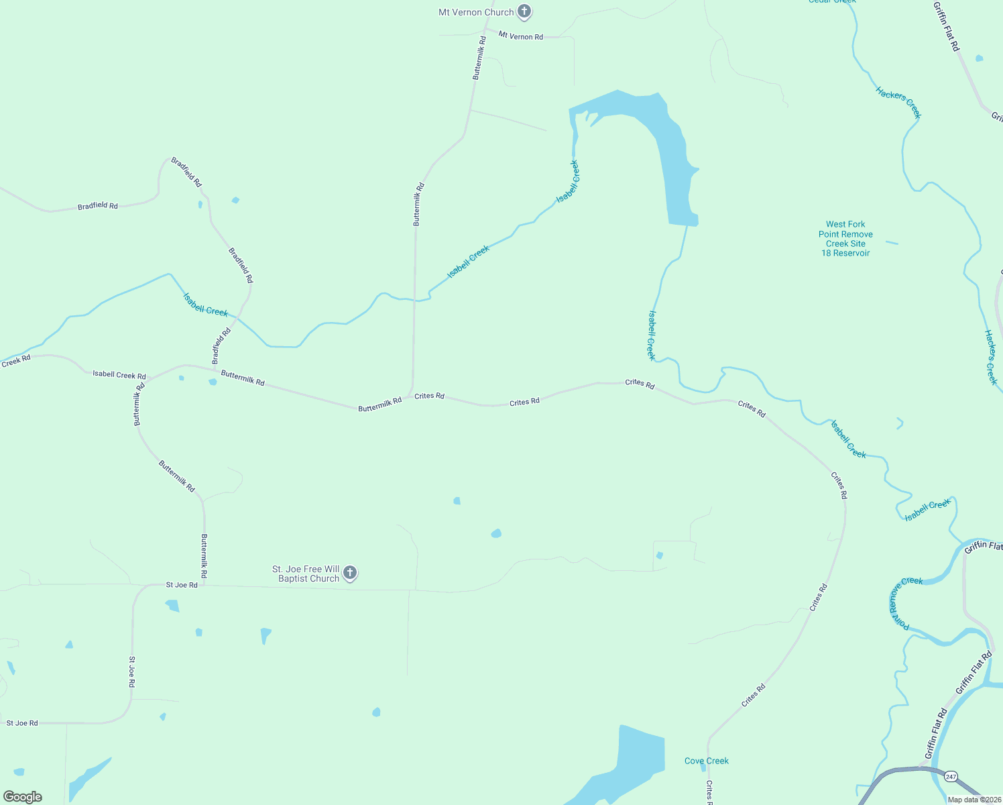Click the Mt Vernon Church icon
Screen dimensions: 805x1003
click(524, 11)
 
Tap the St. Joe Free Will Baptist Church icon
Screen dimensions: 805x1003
click(349, 573)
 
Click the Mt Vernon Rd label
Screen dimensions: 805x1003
click(520, 36)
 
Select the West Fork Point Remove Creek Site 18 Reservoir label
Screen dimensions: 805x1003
click(845, 239)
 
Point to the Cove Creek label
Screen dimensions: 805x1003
click(706, 761)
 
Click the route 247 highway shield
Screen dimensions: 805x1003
click(950, 777)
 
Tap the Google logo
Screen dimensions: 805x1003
click(23, 797)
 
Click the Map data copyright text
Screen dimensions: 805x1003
click(973, 800)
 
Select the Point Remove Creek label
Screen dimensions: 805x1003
click(902, 602)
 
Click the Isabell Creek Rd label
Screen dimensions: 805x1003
click(119, 375)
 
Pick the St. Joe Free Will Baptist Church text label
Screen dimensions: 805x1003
click(306, 574)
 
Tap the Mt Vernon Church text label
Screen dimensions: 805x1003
click(475, 12)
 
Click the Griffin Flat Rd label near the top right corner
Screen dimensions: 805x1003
click(946, 26)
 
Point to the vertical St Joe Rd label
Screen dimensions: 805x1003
click(132, 672)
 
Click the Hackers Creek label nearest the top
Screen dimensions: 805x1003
click(898, 103)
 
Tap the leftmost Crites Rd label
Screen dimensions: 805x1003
click(429, 396)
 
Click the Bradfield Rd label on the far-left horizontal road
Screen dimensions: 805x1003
click(97, 206)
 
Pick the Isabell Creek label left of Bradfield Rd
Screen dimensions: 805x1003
click(205, 304)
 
